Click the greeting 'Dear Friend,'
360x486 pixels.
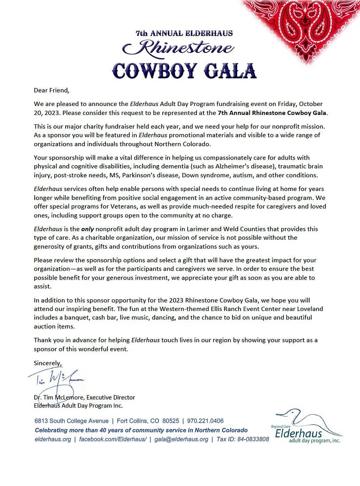pos(52,91)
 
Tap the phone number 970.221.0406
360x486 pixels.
pos(205,421)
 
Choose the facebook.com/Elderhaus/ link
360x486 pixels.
pos(112,439)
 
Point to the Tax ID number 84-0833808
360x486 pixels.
pos(250,439)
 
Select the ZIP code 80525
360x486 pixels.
pos(167,421)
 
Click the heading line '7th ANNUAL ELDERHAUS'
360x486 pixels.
pos(184,33)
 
